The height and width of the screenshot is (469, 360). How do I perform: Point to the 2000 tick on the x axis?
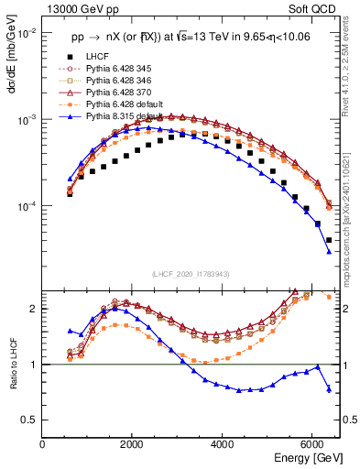[x=133, y=443]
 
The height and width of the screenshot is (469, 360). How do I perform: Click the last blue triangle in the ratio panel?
[x=329, y=389]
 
